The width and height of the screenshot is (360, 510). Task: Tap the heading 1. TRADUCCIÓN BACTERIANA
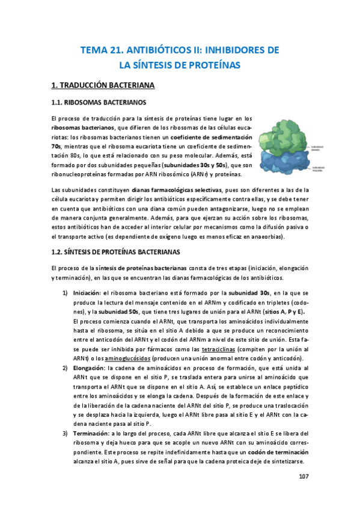tap(103, 85)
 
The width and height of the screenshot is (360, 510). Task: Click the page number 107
tap(303, 476)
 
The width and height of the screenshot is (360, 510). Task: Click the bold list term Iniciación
tap(90, 292)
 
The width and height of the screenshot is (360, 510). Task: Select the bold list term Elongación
tap(91, 367)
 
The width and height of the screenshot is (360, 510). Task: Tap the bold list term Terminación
tap(93, 433)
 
